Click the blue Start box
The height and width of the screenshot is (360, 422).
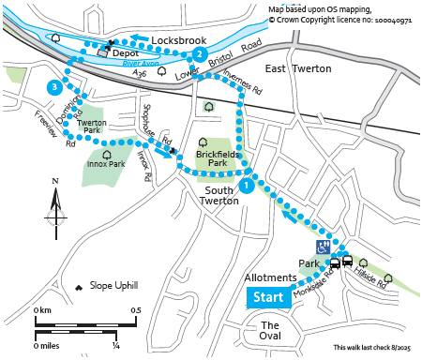(x=268, y=298)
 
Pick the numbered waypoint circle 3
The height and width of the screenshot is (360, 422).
(x=55, y=87)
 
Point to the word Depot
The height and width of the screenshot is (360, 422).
(x=126, y=54)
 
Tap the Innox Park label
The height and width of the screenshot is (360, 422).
(x=106, y=164)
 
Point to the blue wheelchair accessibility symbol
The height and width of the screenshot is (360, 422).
(x=322, y=247)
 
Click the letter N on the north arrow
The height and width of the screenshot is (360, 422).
(x=55, y=182)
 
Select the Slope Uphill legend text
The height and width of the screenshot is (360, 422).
(x=113, y=285)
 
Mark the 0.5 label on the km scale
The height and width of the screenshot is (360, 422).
(x=136, y=310)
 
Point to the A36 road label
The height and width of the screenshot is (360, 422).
(x=140, y=74)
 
